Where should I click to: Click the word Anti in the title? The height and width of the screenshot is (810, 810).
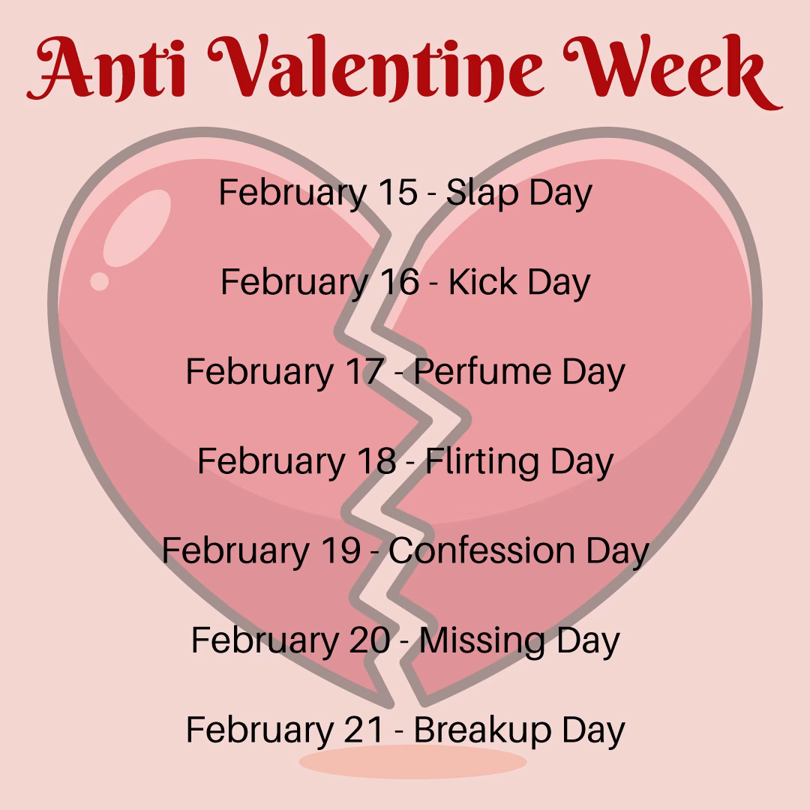(x=106, y=67)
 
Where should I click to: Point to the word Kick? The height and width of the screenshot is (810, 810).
(x=482, y=282)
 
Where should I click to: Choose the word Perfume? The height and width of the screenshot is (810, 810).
(x=482, y=373)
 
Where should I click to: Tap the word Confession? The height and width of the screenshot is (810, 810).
(x=481, y=550)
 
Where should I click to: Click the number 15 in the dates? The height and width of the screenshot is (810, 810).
(x=397, y=193)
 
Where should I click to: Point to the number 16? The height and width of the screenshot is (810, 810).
(x=400, y=282)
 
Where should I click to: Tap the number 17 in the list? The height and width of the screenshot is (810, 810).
(x=365, y=371)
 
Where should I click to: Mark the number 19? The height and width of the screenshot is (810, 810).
(x=341, y=550)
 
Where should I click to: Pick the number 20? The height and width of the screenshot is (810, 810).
(x=369, y=640)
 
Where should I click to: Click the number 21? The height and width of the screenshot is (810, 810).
(x=364, y=730)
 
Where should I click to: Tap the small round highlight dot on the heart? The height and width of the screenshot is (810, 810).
(x=100, y=281)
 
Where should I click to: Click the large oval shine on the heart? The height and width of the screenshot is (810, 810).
(x=137, y=228)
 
